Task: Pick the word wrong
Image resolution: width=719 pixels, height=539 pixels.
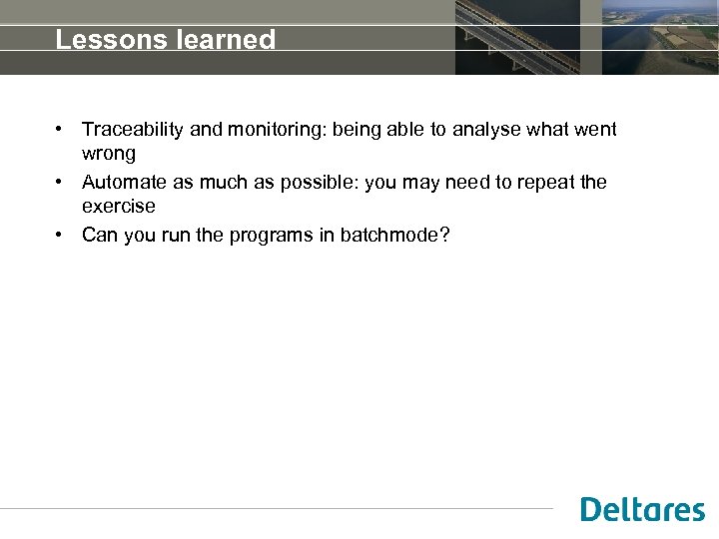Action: click(x=108, y=154)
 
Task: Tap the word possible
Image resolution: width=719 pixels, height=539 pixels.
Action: click(x=322, y=183)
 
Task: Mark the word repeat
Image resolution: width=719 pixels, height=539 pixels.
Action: click(x=545, y=183)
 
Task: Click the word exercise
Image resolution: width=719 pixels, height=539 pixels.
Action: click(x=118, y=207)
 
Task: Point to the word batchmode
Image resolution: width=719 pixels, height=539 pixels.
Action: click(x=394, y=236)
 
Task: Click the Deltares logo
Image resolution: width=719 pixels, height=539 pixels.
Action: click(x=642, y=509)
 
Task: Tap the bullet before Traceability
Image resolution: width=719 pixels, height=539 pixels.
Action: click(x=61, y=130)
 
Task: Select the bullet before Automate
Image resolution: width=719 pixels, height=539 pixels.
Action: click(x=61, y=183)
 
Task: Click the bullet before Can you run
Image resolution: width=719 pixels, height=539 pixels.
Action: click(x=61, y=236)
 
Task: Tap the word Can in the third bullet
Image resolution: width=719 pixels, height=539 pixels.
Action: click(x=99, y=236)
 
